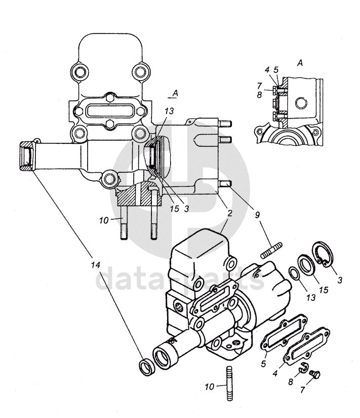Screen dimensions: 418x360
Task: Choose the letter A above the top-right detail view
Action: (x=300, y=63)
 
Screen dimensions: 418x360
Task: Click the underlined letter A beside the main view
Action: (x=175, y=93)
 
